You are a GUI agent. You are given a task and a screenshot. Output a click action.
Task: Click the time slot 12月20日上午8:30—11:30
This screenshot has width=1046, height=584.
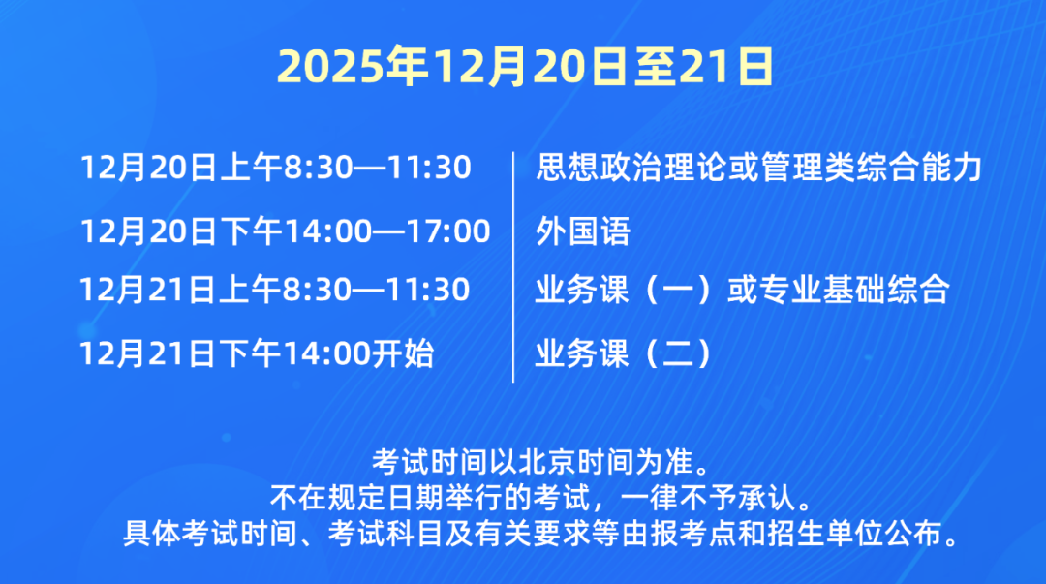[276, 169]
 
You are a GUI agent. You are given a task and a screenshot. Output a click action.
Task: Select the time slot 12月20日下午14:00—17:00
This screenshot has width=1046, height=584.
[286, 231]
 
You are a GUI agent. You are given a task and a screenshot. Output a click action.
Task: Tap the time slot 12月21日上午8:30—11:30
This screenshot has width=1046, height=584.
[276, 290]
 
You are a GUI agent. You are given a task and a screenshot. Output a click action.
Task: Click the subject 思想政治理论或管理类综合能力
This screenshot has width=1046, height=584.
[759, 169]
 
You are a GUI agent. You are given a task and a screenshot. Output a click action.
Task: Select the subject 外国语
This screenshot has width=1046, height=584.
[583, 231]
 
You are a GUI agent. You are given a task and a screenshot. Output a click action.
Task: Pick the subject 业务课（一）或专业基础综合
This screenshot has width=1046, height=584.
[741, 290]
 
